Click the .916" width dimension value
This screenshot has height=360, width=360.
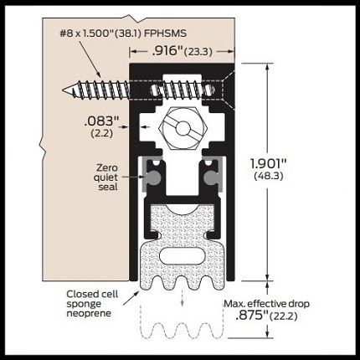coord(167,51)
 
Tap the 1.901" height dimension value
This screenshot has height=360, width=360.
coord(269,164)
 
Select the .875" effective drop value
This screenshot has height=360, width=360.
coord(252,316)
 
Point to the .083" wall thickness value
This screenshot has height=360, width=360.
coord(102,121)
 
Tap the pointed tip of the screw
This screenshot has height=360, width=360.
coord(63,90)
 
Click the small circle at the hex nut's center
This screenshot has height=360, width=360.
coord(183,128)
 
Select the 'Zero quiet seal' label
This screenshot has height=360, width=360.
coord(106,177)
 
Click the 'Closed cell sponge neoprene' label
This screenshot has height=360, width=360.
coord(92,304)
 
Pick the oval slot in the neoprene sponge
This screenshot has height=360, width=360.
coord(183,255)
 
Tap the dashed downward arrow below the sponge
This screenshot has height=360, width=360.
coord(183,299)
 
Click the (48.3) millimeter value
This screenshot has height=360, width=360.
coord(269,176)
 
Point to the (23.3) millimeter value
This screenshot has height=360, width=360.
coord(198,52)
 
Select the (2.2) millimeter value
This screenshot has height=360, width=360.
coord(102,133)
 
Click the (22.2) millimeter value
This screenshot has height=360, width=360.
coord(284,316)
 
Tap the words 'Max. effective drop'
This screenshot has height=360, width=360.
coord(267,304)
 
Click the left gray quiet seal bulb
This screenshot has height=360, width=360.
coord(152,177)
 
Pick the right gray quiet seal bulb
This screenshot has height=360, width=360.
coord(212,177)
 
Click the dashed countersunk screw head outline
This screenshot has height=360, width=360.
coord(228,90)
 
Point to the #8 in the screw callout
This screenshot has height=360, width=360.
coord(66,33)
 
